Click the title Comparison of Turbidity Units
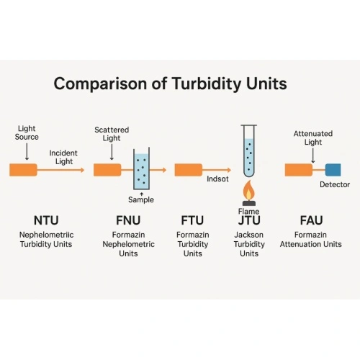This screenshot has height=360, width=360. tap(170, 84)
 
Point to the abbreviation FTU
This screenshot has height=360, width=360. tap(192, 220)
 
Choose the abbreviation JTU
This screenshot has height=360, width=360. tap(249, 220)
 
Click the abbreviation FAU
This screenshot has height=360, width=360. tap(312, 220)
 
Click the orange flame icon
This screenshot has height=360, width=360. tap(248, 192)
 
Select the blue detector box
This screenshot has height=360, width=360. tap(333, 170)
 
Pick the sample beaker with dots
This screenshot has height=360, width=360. tap(141, 171)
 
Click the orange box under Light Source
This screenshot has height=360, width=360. tap(23, 170)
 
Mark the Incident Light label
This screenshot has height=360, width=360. tap(63, 157)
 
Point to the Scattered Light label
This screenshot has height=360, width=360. tap(111, 134)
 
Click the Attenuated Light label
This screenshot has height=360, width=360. tap(308, 138)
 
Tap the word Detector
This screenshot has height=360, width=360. tap(334, 185)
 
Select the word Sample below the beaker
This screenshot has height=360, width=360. tap(141, 199)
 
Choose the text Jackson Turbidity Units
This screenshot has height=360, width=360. tap(249, 244)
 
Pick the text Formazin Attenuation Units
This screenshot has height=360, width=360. tap(312, 240)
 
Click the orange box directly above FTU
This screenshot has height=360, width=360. tap(188, 170)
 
